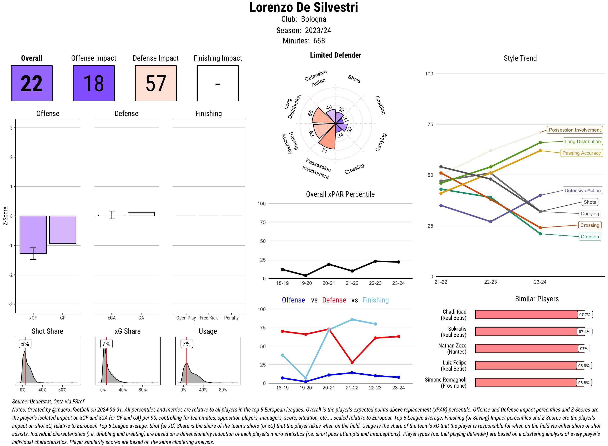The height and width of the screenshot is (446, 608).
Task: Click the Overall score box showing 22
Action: click(32, 83)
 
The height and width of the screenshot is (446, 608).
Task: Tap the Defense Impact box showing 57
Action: click(156, 83)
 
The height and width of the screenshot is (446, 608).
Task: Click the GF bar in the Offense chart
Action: click(63, 229)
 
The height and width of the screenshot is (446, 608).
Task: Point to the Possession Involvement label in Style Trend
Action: click(575, 130)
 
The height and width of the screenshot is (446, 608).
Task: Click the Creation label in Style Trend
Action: click(589, 237)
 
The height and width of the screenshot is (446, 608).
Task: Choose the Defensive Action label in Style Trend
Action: click(582, 191)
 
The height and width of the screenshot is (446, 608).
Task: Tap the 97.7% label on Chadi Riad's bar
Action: click(584, 314)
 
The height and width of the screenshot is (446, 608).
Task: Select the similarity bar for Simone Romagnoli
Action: click(529, 383)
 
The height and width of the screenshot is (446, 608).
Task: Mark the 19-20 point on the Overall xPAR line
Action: click(305, 275)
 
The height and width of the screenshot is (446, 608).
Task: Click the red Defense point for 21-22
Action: click(352, 362)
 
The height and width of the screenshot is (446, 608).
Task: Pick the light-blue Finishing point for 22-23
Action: click(375, 324)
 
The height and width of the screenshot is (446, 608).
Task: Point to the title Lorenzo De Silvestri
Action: click(304, 7)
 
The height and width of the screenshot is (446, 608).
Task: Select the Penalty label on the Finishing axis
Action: click(231, 318)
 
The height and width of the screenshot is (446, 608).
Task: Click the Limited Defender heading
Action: click(335, 55)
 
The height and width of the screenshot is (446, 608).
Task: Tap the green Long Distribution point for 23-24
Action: click(540, 143)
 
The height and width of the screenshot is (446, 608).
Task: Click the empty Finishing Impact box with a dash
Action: click(218, 83)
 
